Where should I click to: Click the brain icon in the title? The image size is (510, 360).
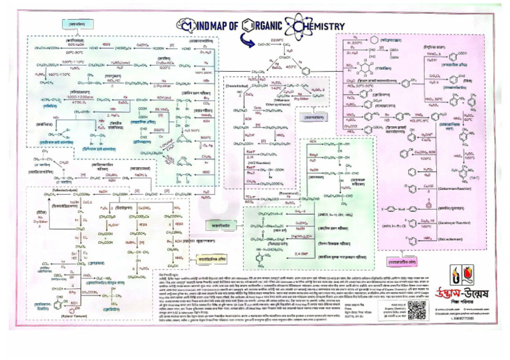tap(183, 26)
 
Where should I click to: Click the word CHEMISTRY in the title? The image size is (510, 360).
tap(318, 26)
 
